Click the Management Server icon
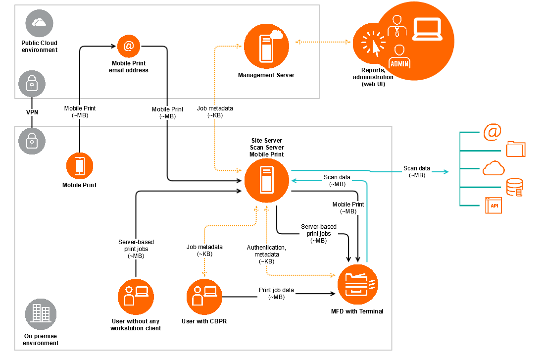click(266, 47)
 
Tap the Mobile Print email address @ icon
click(128, 46)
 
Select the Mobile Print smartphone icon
click(79, 166)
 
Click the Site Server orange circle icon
click(266, 181)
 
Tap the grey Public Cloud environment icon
click(39, 23)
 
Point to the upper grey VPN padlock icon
click(32, 84)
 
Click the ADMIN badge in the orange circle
click(399, 63)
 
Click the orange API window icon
click(494, 205)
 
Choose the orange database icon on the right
click(515, 187)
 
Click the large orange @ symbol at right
click(492, 132)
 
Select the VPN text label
click(32, 112)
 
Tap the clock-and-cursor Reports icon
click(371, 43)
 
